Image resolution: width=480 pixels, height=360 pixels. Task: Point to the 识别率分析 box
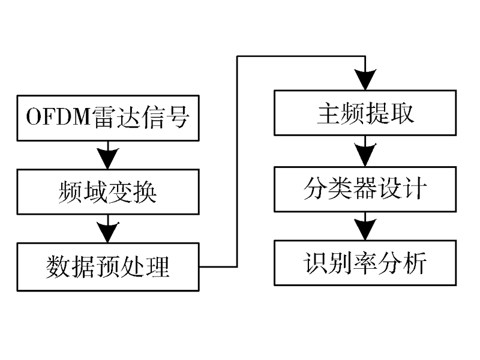tap(365, 263)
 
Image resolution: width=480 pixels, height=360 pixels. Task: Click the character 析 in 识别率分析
tap(414, 263)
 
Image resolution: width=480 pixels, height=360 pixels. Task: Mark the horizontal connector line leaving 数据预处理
tap(218, 267)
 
